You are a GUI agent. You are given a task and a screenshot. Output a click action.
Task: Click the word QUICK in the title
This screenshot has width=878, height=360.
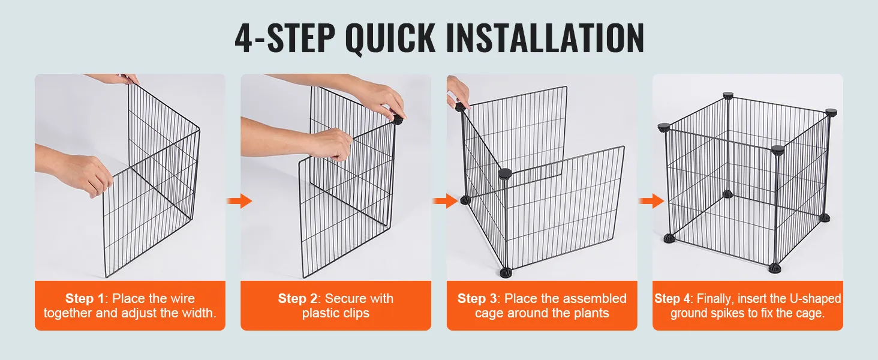390,38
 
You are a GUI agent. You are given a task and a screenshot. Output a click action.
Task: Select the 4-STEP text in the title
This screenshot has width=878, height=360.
285,38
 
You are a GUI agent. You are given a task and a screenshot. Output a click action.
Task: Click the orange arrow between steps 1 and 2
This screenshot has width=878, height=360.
240,201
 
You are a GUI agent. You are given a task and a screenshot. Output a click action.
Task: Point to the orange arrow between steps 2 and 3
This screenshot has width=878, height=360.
445,201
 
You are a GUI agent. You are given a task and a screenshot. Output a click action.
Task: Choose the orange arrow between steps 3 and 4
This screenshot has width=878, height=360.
651,201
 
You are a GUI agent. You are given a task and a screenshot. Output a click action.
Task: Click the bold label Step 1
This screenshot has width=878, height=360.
85,298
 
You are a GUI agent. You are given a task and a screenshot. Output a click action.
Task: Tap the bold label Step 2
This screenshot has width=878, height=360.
297,298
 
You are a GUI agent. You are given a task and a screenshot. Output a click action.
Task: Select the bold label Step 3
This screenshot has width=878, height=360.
477,298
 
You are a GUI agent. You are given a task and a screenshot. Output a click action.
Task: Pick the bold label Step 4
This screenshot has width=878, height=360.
672,298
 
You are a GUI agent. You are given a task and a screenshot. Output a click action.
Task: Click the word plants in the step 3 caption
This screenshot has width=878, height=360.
591,313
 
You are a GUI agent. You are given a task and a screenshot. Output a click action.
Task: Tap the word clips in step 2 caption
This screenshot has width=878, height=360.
356,313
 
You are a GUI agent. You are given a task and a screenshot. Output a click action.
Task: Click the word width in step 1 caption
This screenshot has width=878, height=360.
199,313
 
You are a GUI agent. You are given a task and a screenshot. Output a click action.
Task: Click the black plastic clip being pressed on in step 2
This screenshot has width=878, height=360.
398,119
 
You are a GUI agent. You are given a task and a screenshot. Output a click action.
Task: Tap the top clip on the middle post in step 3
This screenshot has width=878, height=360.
505,174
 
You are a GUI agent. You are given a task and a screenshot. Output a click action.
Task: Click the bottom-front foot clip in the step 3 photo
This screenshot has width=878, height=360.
505,272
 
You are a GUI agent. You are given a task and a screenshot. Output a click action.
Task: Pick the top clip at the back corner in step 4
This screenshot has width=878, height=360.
728,95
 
